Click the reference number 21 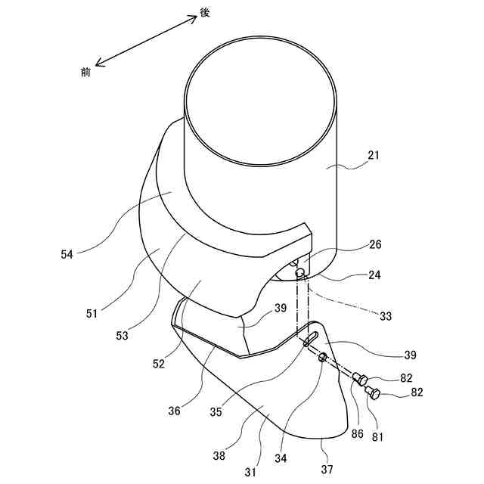coord(373,156)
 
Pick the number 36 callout coord(175,411)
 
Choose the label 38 coord(220,456)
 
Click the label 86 coord(357,433)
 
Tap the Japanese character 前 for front coord(85,71)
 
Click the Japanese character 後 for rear coord(204,14)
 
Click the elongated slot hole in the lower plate coord(311,340)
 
